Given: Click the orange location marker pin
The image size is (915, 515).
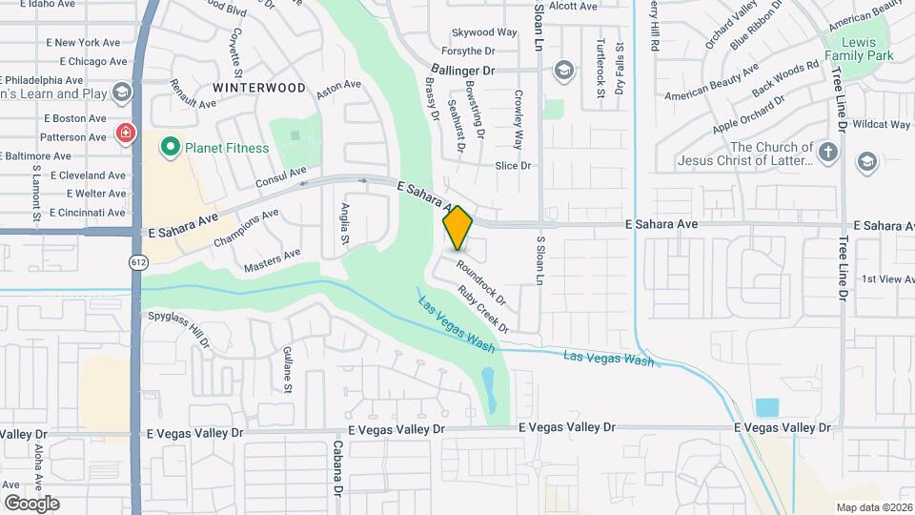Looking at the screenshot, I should [x=458, y=227].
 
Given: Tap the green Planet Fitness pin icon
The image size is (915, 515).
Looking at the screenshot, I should [x=171, y=147].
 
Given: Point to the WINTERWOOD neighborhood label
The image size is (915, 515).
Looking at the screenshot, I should [x=259, y=88].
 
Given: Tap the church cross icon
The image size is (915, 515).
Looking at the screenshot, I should [x=828, y=152].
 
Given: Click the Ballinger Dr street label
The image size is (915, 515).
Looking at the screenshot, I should [x=463, y=71].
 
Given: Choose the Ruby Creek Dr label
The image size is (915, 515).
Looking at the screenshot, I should [x=483, y=309].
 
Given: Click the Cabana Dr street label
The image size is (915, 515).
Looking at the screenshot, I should [x=337, y=469].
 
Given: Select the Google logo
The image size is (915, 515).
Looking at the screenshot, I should [x=32, y=503].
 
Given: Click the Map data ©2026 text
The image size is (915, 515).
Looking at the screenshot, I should [x=873, y=507].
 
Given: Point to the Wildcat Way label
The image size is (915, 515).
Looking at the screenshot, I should [x=881, y=124].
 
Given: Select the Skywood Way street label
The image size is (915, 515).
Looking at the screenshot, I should [x=484, y=32].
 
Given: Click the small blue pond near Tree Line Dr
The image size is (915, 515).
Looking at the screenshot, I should [x=766, y=407].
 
